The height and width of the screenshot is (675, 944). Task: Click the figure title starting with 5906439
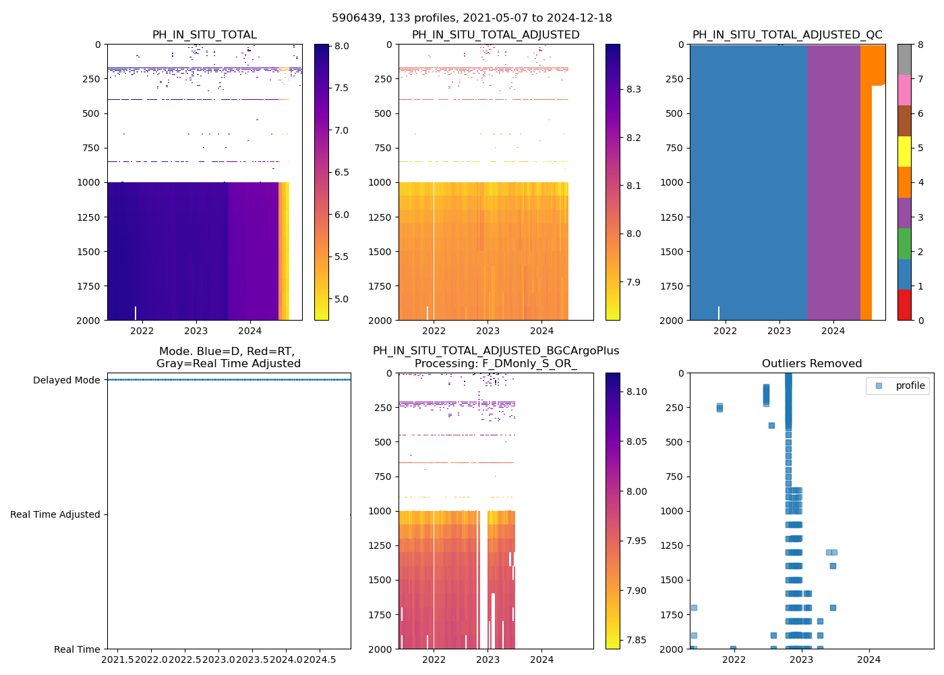(472, 18)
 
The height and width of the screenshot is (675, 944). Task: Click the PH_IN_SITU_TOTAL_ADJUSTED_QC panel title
(787, 35)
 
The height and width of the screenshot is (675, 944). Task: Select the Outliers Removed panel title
(812, 364)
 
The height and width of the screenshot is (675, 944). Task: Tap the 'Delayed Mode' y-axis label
(67, 380)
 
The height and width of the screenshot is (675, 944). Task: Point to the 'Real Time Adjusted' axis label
(55, 514)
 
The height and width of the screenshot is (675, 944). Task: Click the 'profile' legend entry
(910, 385)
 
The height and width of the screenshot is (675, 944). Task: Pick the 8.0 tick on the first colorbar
(341, 46)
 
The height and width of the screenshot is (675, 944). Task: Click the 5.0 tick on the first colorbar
(341, 299)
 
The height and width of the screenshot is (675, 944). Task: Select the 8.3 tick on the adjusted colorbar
(632, 89)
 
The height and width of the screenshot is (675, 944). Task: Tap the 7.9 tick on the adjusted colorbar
(632, 282)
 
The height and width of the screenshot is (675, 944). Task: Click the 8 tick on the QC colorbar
(920, 45)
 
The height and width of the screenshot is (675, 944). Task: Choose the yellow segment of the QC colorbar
(904, 151)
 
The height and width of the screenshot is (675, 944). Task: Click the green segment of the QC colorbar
(904, 243)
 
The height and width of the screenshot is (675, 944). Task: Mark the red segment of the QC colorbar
(904, 304)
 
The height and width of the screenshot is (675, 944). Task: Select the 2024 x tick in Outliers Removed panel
(869, 659)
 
